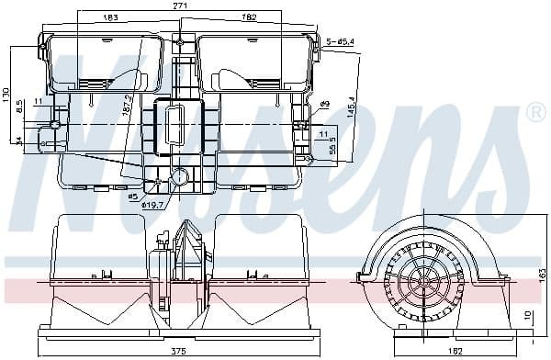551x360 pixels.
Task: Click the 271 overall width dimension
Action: [x=180, y=6]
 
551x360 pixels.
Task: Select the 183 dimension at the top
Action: [x=110, y=17]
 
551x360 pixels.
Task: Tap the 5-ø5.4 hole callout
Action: [x=341, y=41]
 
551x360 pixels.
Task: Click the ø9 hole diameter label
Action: [x=324, y=104]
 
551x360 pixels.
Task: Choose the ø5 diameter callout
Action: [x=132, y=196]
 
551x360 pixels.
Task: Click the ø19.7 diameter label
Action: [x=152, y=205]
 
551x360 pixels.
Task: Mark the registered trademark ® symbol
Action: [x=535, y=113]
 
